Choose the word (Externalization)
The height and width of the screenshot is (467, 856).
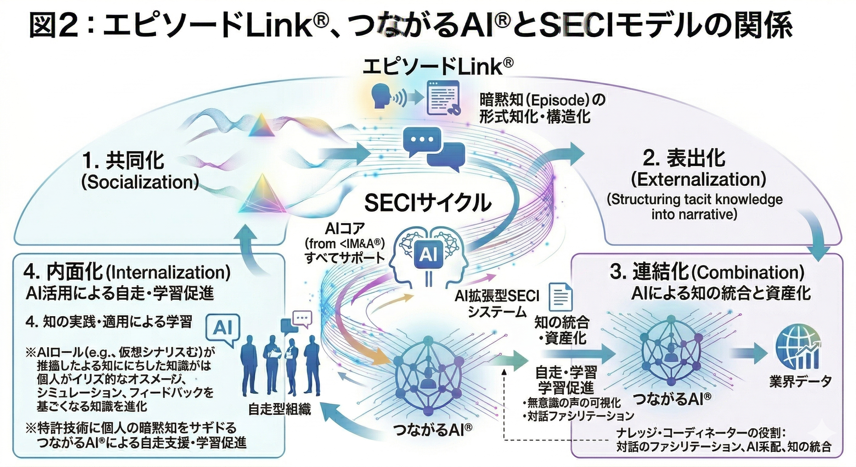pyautogui.click(x=698, y=179)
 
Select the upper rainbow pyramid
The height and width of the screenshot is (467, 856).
pyautogui.click(x=261, y=125)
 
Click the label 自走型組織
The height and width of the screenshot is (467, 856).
pyautogui.click(x=279, y=410)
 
